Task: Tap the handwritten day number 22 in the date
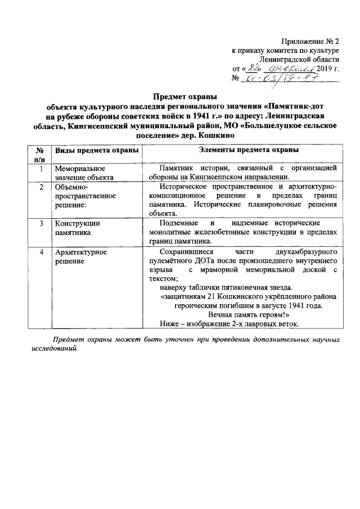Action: point(256,69)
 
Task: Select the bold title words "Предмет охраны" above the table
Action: point(185,96)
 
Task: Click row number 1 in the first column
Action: point(41,168)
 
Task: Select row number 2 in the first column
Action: point(41,187)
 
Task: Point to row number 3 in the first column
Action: point(41,223)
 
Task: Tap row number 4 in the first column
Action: point(41,251)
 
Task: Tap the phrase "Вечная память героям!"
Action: point(248,315)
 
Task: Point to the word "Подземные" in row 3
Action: point(175,223)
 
